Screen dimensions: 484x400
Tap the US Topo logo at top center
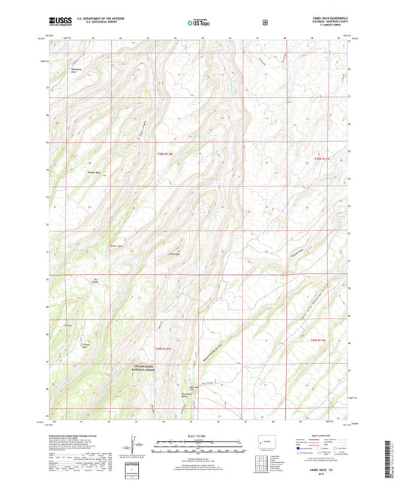coord(199,23)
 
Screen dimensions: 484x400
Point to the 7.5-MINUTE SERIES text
coord(325,29)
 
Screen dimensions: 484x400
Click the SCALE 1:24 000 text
coord(199,437)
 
